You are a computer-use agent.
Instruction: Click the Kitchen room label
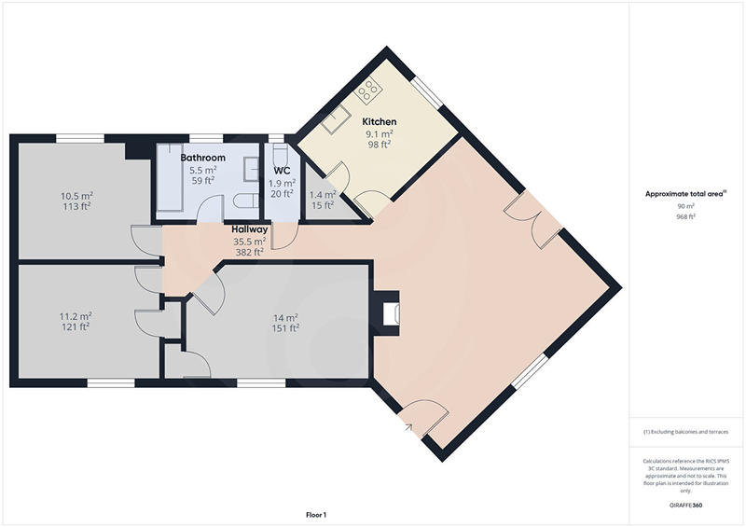click(x=380, y=122)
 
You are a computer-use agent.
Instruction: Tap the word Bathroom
click(x=203, y=159)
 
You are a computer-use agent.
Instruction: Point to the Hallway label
click(x=250, y=229)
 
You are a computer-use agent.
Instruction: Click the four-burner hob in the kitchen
click(x=370, y=90)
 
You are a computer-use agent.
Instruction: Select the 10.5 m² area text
click(x=76, y=196)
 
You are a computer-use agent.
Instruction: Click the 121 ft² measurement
click(x=75, y=327)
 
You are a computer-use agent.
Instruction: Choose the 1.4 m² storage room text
click(x=322, y=195)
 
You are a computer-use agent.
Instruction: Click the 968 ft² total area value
click(x=686, y=216)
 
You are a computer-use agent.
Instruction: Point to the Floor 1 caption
click(x=316, y=514)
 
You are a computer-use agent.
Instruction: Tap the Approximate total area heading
click(x=685, y=194)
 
